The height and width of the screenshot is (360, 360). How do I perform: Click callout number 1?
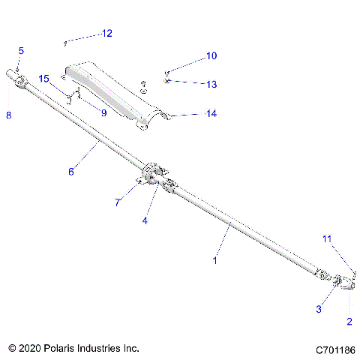(x=215, y=260)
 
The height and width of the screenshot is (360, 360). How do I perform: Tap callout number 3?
(x=319, y=308)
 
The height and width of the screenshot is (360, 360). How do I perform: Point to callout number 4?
(x=145, y=220)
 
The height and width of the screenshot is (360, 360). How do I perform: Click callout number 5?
(x=21, y=51)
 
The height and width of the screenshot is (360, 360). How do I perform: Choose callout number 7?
(x=118, y=202)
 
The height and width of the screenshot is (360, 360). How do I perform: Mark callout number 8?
(x=8, y=115)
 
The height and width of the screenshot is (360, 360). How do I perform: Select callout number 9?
(x=103, y=112)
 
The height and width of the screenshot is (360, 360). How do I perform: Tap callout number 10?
(x=211, y=55)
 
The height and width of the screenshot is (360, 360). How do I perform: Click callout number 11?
(x=326, y=238)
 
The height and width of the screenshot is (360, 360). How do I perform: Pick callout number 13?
(x=211, y=84)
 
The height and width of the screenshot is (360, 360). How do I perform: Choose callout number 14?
(x=211, y=114)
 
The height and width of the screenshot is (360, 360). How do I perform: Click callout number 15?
(x=43, y=79)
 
